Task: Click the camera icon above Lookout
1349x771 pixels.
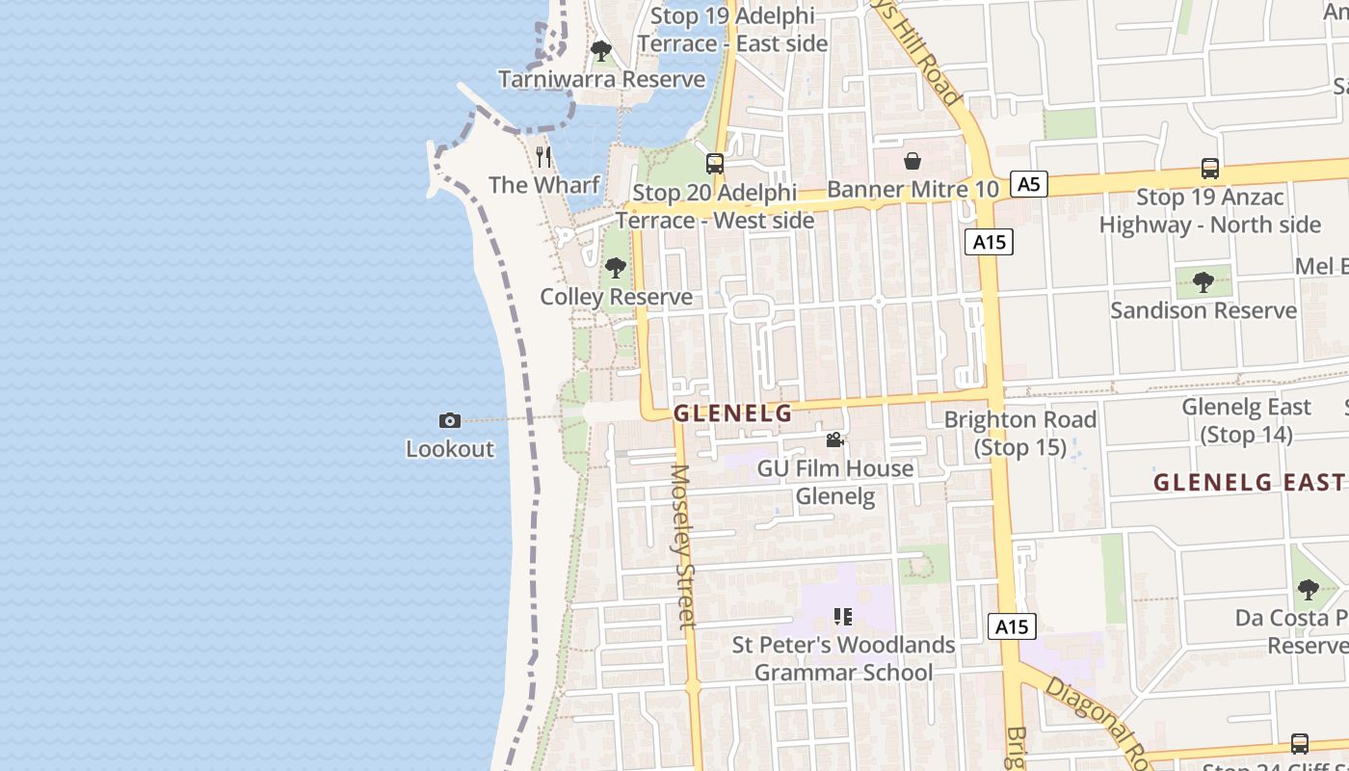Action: [449, 420]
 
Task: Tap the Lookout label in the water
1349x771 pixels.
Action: [449, 448]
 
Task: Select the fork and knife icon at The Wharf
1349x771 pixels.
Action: [543, 155]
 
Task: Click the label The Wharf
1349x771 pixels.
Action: [543, 184]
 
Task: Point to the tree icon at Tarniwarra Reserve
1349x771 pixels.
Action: [601, 50]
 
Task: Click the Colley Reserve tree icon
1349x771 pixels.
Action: [616, 268]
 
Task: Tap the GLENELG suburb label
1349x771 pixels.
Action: [732, 413]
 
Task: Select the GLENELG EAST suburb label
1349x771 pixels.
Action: [1250, 482]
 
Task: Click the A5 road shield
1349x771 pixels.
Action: [1029, 183]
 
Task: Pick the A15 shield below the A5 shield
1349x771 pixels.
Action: [989, 242]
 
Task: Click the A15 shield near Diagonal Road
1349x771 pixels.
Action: [1012, 626]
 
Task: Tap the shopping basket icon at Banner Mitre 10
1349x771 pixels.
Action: [912, 161]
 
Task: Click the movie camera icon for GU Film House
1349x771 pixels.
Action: [834, 440]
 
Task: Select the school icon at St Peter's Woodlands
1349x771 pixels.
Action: [843, 617]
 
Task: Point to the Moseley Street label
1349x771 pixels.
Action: [683, 546]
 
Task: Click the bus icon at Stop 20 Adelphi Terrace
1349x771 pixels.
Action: [714, 164]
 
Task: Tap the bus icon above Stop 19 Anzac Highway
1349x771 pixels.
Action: [1210, 169]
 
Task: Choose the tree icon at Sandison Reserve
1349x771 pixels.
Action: [1203, 282]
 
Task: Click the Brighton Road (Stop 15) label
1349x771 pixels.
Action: [1020, 433]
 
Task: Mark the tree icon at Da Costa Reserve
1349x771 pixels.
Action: [1308, 589]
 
